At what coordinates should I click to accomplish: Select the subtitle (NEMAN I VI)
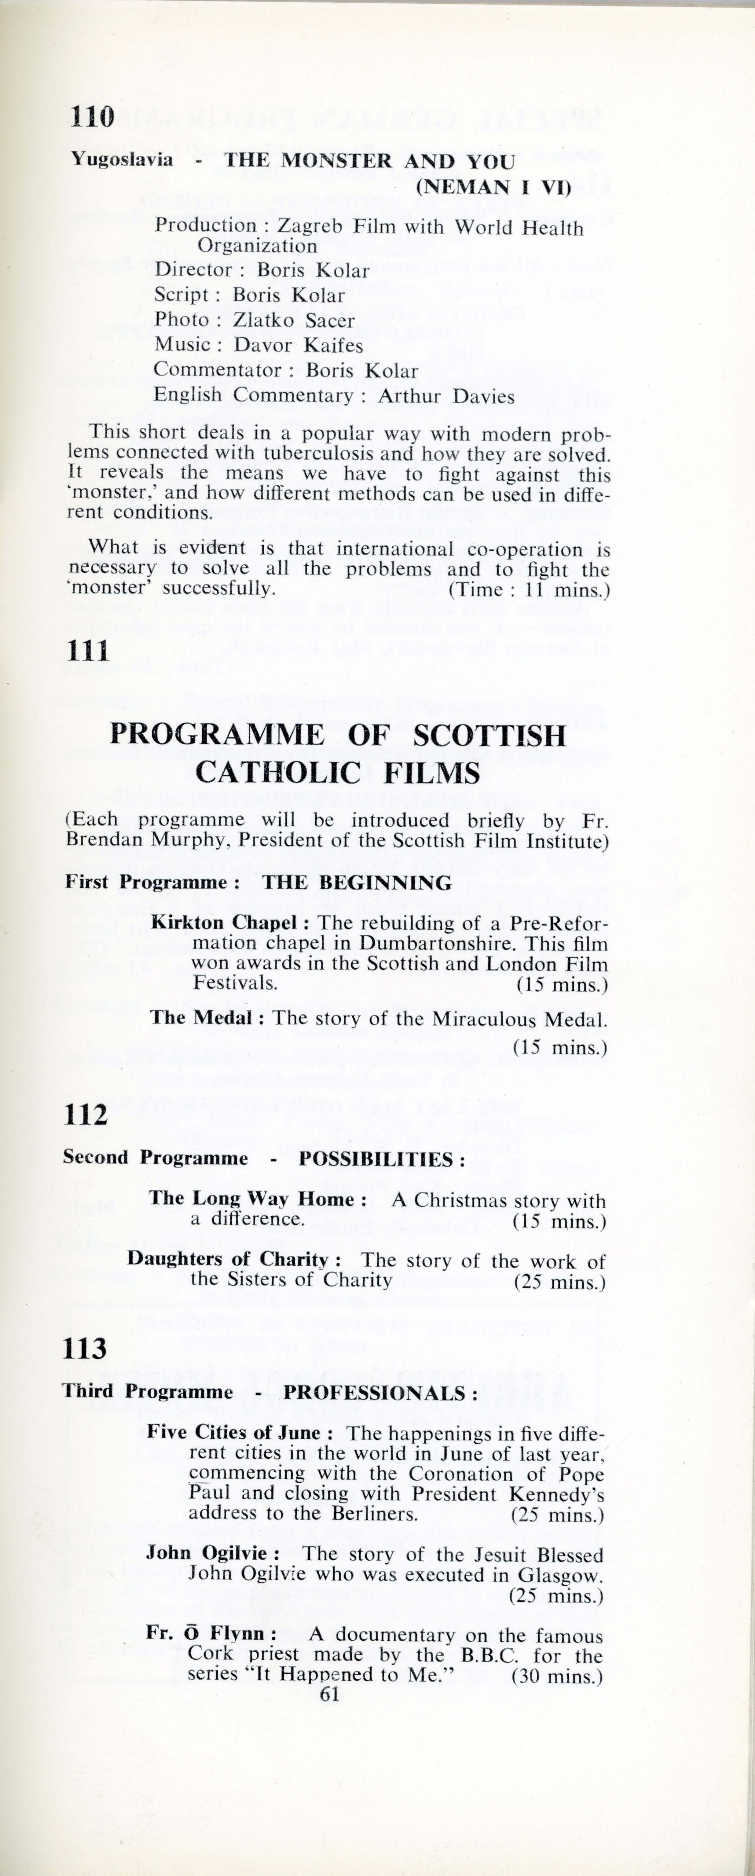coord(493,187)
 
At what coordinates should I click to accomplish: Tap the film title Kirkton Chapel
coord(224,922)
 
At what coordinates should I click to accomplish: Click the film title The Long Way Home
coord(252,1199)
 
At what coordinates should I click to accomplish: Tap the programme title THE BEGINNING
coord(357,883)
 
